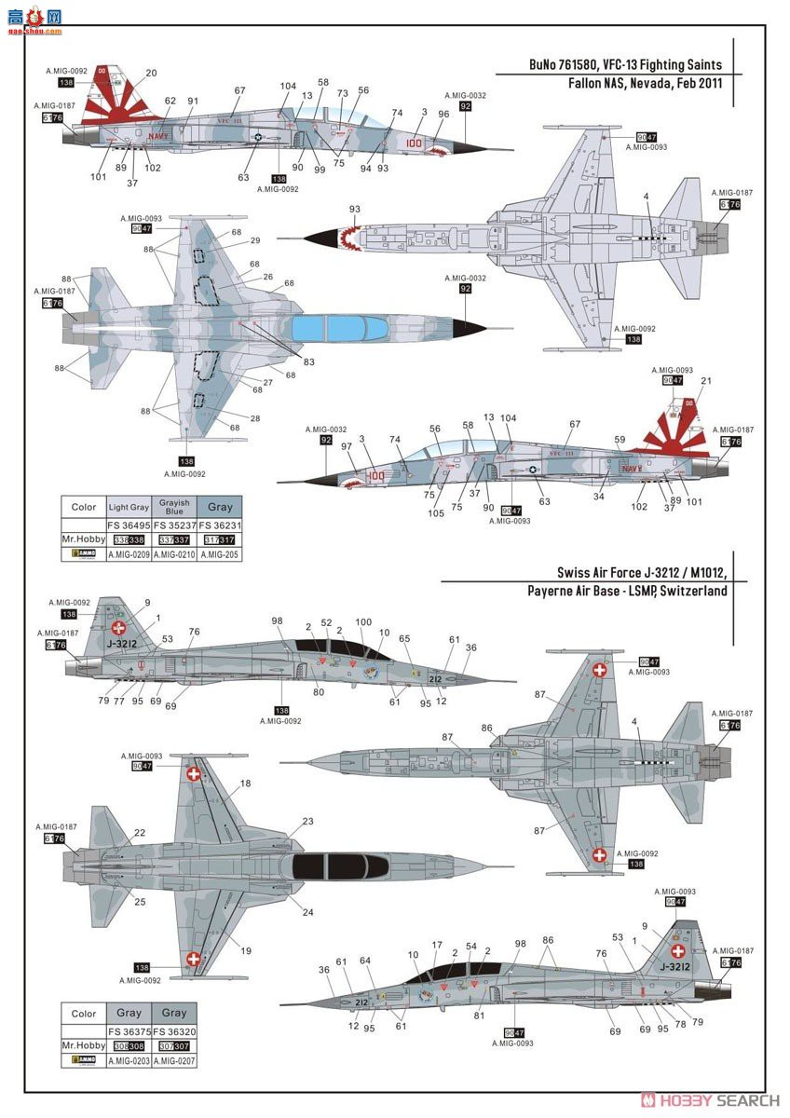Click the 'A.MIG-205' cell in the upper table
tap(220, 554)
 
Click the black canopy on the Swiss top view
tap(339, 866)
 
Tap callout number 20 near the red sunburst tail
tap(151, 73)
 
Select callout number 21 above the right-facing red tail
tap(704, 380)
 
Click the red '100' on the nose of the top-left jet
tap(415, 143)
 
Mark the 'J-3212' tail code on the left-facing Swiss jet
tap(122, 642)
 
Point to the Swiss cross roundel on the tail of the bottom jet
tap(680, 950)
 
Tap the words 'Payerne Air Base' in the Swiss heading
tap(585, 591)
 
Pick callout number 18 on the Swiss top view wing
tap(245, 784)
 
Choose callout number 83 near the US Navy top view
tap(308, 361)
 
